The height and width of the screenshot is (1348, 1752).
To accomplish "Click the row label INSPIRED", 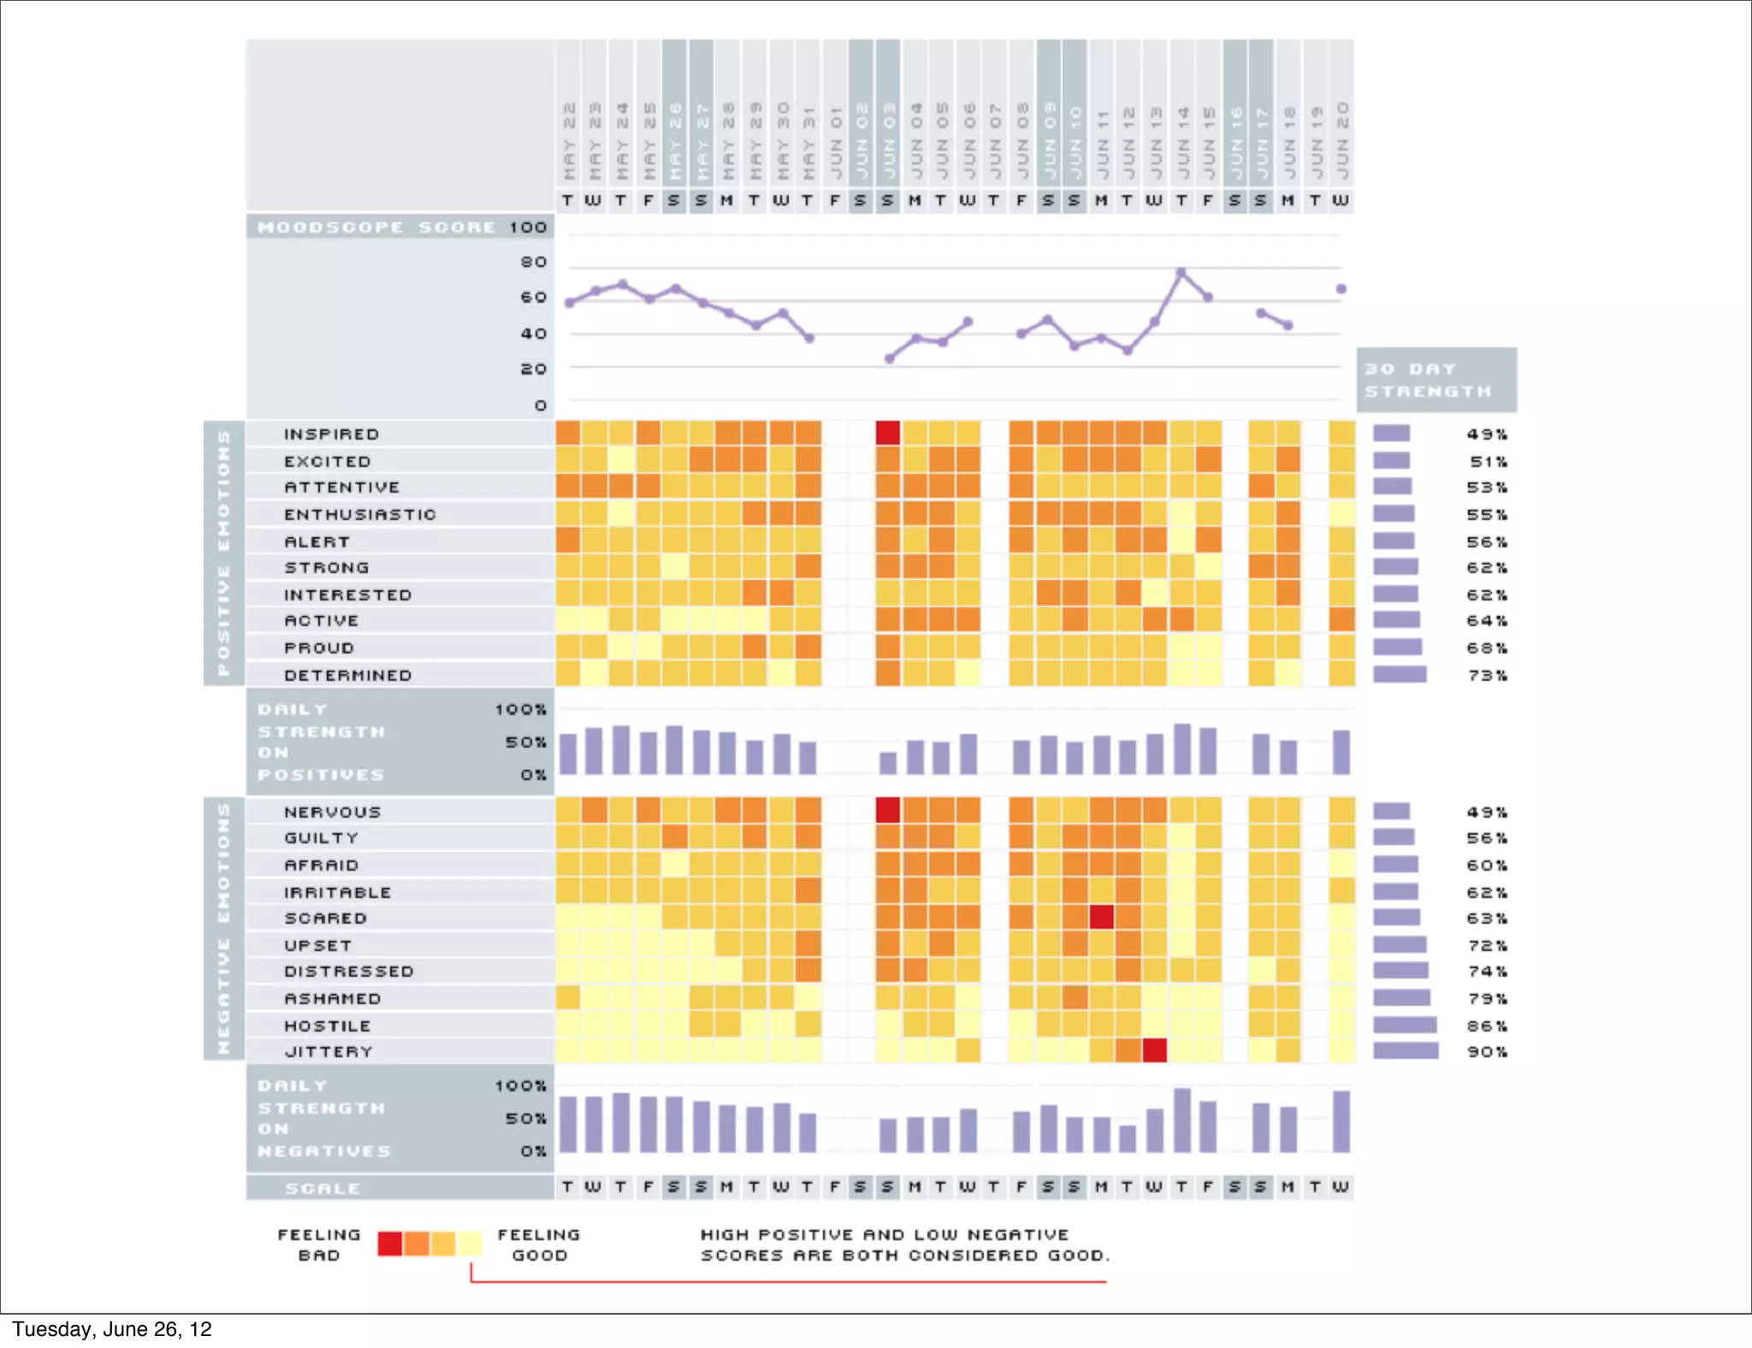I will (x=331, y=435).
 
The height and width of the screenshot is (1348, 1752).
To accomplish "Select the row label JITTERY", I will (x=328, y=1052).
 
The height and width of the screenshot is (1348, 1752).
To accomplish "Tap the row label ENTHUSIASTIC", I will (x=360, y=515).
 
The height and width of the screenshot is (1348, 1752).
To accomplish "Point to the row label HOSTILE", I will (x=328, y=1026).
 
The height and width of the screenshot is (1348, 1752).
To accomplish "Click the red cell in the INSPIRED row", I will (x=888, y=433).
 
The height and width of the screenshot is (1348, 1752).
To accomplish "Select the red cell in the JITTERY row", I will (x=1155, y=1049).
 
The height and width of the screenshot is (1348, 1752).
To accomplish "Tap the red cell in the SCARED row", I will (x=1102, y=917).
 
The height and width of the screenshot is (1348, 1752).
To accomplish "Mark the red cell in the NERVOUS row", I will (x=888, y=810).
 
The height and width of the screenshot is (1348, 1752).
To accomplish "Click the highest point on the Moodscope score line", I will (x=1181, y=273).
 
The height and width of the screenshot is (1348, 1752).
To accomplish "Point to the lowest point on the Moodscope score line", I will (x=890, y=359).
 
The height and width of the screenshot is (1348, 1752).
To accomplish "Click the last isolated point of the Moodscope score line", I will (x=1341, y=289).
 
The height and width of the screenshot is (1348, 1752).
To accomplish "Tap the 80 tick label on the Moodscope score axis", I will (x=534, y=262).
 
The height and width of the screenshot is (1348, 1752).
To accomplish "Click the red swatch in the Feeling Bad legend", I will (x=390, y=1244).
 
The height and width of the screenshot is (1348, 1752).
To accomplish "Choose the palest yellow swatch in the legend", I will (x=470, y=1244).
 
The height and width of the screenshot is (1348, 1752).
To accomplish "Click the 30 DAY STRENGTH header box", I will (x=1436, y=380).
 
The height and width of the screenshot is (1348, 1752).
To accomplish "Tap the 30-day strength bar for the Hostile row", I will (x=1405, y=1025).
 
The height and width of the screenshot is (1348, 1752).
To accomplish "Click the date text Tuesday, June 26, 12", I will (x=112, y=1329).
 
